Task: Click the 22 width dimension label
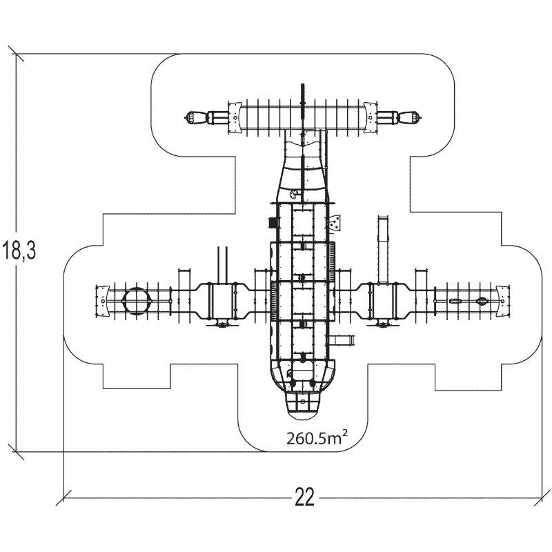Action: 304,497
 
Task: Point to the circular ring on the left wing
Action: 137,301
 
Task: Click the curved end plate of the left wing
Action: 101,302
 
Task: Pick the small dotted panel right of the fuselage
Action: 335,224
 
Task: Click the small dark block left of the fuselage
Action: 273,222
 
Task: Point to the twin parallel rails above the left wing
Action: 222,263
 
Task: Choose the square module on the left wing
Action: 222,301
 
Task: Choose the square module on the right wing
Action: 385,301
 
